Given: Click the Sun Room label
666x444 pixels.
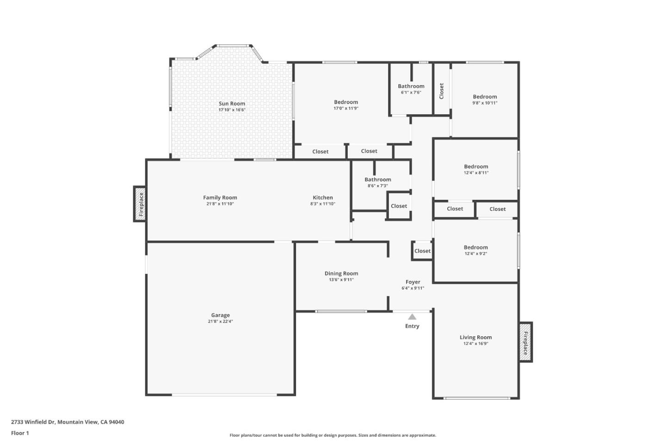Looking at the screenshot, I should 232,104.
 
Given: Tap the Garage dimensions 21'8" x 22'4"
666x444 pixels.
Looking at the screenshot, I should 220,321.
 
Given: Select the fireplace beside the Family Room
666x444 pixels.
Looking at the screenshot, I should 141,204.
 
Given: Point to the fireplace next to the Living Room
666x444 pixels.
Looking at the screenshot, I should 525,342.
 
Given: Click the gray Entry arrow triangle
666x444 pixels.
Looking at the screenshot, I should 412,317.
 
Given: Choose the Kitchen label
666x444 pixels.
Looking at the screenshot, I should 323,197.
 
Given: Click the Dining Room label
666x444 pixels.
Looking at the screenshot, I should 341,273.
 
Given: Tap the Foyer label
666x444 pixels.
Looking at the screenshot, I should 413,282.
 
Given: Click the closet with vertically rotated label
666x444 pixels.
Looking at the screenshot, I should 441,91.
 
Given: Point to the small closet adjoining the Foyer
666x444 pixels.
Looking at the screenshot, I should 422,251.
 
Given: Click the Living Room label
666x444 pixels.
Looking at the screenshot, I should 475,337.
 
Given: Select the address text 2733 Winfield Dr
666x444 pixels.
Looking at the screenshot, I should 68,422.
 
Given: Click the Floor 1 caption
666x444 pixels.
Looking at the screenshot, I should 20,433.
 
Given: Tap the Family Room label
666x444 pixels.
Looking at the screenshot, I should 220,197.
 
